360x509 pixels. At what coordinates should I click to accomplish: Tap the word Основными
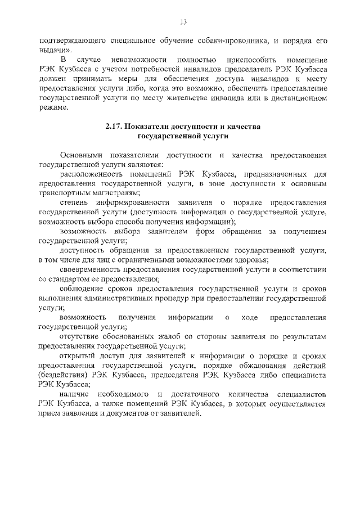80,155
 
